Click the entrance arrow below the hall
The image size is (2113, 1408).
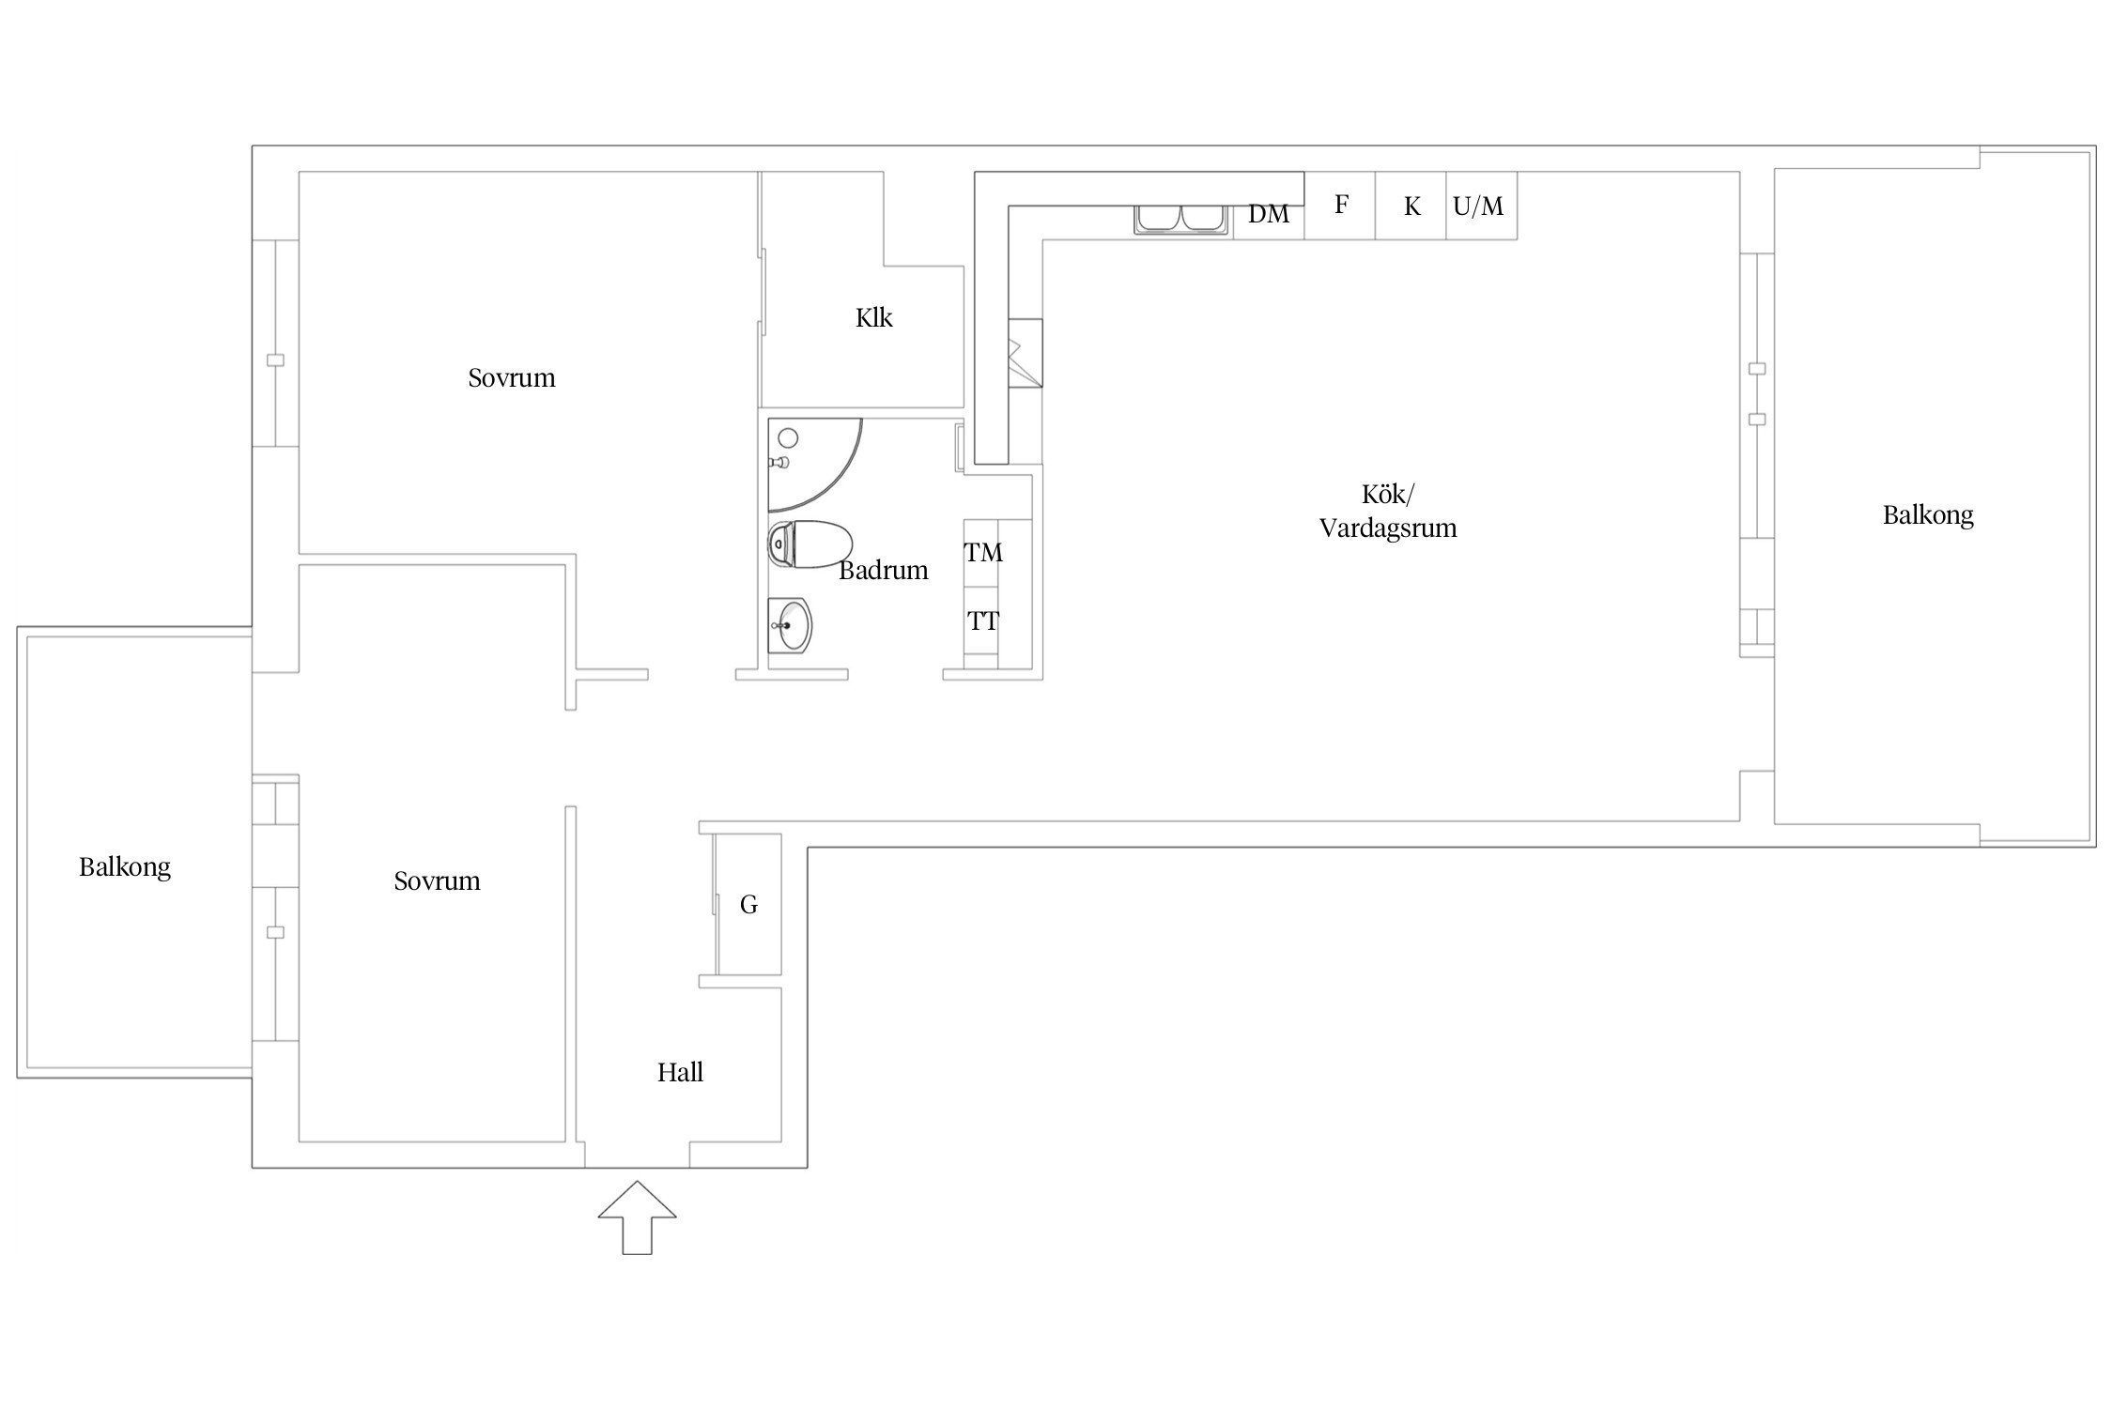click(x=637, y=1217)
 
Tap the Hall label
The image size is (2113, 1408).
click(x=680, y=1072)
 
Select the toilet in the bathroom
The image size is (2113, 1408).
click(x=810, y=545)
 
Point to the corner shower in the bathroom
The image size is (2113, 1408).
click(x=813, y=465)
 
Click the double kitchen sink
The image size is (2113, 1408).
click(x=1182, y=219)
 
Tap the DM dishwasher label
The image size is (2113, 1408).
click(x=1268, y=215)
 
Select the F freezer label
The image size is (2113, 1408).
click(x=1341, y=204)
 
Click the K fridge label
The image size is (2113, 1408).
click(x=1411, y=207)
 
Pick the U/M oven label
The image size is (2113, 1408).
click(x=1478, y=206)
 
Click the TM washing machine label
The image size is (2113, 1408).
click(x=983, y=553)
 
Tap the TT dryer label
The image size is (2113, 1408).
click(x=983, y=621)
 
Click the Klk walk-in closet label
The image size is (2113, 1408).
click(x=873, y=317)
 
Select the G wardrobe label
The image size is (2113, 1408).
click(x=748, y=905)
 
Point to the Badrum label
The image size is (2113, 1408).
click(x=883, y=570)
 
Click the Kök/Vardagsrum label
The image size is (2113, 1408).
click(x=1388, y=511)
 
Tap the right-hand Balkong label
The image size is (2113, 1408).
click(x=1928, y=515)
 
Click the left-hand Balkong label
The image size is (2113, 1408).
click(x=125, y=867)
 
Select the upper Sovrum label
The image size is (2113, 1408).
click(x=512, y=377)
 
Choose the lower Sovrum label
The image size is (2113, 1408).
click(x=437, y=880)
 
